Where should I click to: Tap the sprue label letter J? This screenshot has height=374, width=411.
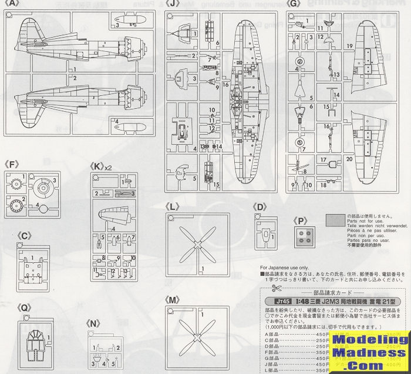(172, 3)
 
